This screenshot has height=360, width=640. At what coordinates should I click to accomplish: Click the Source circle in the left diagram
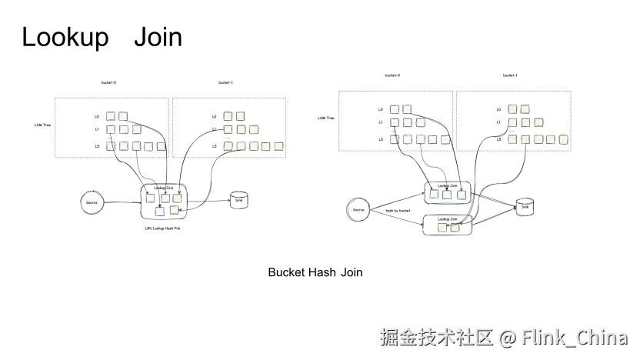tap(93, 202)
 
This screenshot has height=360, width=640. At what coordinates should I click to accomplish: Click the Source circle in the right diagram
tap(358, 210)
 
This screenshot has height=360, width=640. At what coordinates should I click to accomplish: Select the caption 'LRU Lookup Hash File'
tap(162, 228)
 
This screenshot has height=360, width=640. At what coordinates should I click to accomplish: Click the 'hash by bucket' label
tap(398, 210)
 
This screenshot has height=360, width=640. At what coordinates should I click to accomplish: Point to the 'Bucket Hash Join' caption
tap(315, 272)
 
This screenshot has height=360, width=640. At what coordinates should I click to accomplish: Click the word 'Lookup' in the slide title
tap(65, 37)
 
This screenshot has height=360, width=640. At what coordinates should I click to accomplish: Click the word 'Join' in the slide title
tap(158, 37)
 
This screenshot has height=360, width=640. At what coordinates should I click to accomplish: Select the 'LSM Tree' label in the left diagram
tap(43, 123)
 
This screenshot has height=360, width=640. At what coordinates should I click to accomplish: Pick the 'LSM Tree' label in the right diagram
tap(326, 118)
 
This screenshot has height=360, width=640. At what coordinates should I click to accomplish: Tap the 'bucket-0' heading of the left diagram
tap(109, 82)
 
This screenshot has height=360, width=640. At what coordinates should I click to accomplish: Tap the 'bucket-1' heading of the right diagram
tap(510, 75)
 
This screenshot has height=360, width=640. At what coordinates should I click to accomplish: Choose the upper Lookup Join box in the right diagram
tap(448, 192)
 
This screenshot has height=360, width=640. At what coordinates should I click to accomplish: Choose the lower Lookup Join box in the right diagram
tap(448, 225)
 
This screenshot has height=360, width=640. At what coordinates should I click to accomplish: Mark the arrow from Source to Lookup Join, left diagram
tap(123, 203)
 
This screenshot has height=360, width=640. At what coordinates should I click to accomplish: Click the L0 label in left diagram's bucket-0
tap(97, 117)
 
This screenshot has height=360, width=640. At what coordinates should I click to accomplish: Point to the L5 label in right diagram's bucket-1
tap(498, 139)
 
